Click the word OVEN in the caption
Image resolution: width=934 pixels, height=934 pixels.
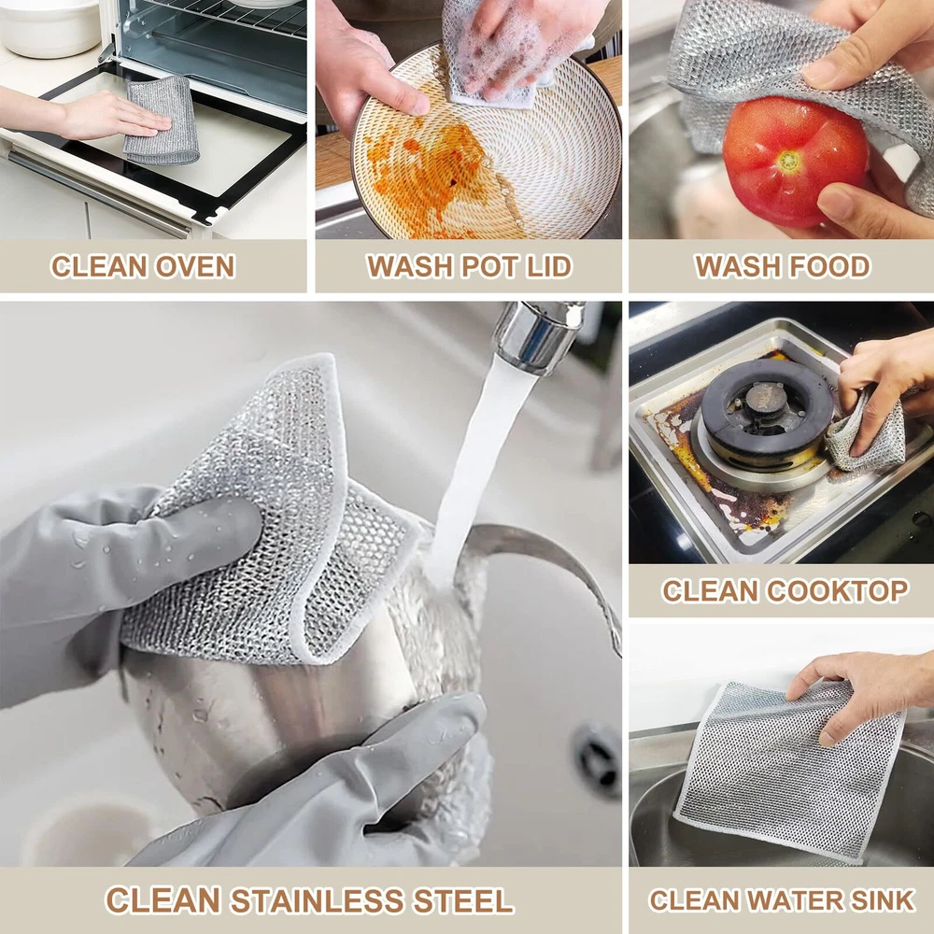coord(195,266)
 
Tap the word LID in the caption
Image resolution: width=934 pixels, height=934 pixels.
coord(548,266)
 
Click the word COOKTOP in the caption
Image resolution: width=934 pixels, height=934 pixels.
coord(838,591)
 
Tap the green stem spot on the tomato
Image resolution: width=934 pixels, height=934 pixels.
coord(789,159)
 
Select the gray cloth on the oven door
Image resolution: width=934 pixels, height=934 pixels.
coord(160,120)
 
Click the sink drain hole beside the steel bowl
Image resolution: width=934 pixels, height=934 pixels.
coord(598,759)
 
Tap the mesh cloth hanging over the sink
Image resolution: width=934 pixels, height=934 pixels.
coord(789,771)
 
